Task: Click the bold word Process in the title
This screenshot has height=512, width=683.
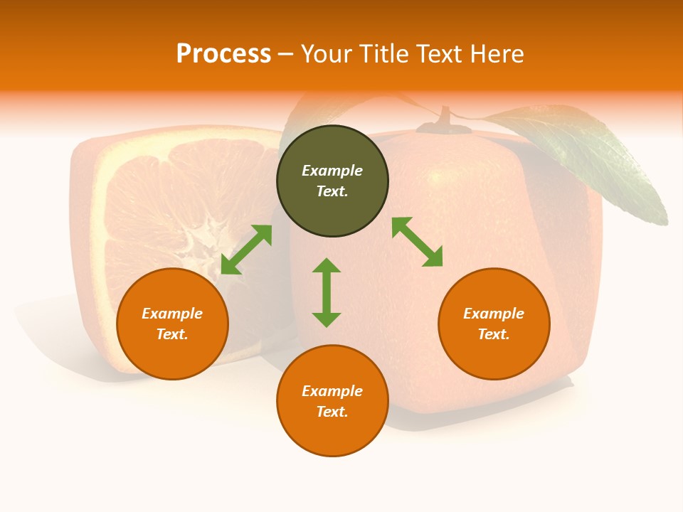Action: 223,54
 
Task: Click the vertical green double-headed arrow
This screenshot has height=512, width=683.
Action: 327,292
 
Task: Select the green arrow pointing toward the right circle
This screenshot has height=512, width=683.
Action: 418,242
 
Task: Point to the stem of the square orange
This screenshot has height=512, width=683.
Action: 445,119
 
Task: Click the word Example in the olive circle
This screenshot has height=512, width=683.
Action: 332,171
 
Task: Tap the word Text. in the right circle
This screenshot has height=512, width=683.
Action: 494,334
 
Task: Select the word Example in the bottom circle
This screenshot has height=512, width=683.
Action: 332,391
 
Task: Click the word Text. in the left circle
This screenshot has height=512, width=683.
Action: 172,334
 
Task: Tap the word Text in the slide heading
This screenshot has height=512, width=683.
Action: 435,54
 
